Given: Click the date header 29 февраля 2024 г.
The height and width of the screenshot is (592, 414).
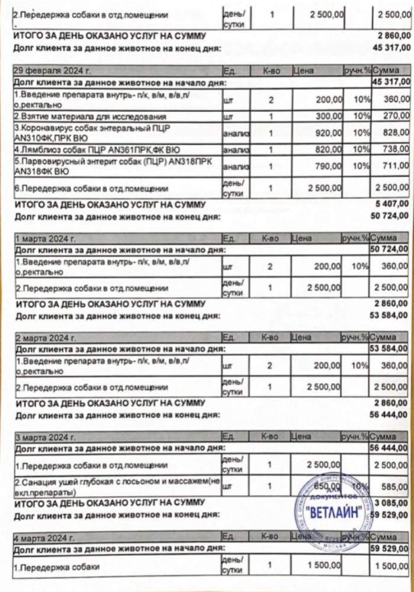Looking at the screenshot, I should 52,71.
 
